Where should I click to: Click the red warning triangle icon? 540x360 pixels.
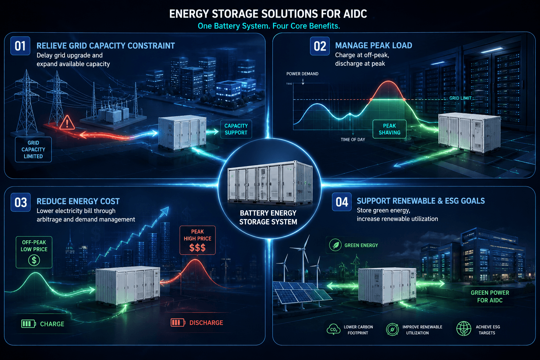click(x=67, y=123)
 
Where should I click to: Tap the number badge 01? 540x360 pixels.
click(x=20, y=46)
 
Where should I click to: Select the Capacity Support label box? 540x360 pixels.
click(x=236, y=129)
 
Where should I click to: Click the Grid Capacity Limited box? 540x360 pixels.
click(x=33, y=149)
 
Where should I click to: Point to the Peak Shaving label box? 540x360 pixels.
click(x=389, y=129)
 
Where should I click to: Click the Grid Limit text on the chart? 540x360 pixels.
click(x=460, y=98)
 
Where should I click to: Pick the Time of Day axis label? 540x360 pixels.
click(x=353, y=140)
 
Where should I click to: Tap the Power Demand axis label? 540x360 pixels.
click(x=302, y=74)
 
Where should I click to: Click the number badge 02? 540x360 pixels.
click(x=320, y=46)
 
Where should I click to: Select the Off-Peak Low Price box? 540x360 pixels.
click(x=34, y=252)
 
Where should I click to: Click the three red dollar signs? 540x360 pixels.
click(x=198, y=247)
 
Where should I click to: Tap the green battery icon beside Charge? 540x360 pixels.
click(x=28, y=324)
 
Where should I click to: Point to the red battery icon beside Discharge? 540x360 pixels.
click(x=178, y=323)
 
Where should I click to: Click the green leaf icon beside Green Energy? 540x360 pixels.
click(x=335, y=245)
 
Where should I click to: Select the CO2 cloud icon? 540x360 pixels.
click(x=333, y=329)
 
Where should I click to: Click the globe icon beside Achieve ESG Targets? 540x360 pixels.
click(x=464, y=329)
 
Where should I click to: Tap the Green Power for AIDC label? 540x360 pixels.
click(x=490, y=296)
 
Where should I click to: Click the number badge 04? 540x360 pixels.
click(x=342, y=202)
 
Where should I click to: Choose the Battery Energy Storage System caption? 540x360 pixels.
click(x=268, y=217)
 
